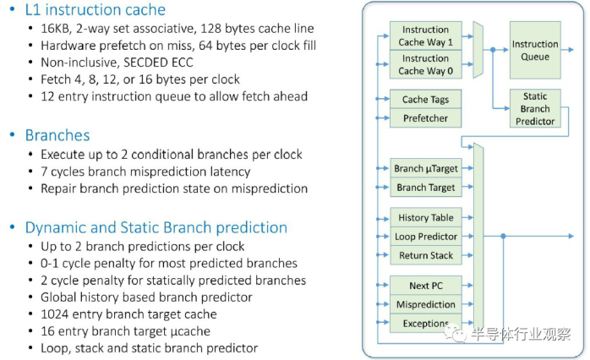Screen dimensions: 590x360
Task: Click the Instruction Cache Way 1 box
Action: pos(425,35)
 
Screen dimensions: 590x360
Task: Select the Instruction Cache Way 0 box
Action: pos(425,64)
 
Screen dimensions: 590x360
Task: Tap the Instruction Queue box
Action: pos(535,50)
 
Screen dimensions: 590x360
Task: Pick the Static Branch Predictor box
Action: pos(535,108)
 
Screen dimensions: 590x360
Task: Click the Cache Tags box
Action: pos(425,99)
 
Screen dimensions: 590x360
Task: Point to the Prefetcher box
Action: pos(425,118)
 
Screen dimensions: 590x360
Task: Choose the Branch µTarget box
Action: pos(426,168)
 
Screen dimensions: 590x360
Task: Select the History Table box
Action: pos(426,217)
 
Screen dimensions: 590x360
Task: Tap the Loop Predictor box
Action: pos(426,237)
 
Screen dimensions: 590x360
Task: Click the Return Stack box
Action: pos(426,255)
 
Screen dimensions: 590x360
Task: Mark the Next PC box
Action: pos(426,286)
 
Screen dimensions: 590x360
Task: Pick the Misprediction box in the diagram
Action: pos(426,304)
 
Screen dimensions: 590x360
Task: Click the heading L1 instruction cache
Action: pos(96,10)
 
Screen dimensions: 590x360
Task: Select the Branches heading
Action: pos(57,135)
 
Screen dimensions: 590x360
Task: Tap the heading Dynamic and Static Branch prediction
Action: pos(156,227)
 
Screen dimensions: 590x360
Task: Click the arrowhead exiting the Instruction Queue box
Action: pos(571,50)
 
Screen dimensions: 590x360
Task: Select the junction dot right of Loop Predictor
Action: pos(503,237)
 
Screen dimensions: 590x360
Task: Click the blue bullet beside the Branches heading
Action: pos(13,134)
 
